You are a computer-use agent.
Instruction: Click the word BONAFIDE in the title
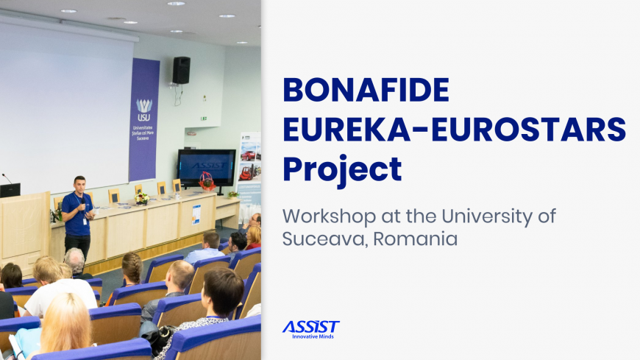click(366, 90)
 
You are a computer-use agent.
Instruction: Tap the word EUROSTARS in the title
click(529, 129)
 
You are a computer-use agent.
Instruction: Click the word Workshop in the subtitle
click(329, 216)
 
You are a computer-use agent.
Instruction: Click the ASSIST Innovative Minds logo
click(311, 330)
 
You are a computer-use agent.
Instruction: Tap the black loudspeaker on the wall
click(181, 70)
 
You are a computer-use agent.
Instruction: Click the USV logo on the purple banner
click(143, 110)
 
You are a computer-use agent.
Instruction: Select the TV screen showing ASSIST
click(207, 168)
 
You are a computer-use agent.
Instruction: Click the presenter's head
click(79, 185)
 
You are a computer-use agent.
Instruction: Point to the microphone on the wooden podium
click(7, 178)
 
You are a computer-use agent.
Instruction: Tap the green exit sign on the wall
click(203, 119)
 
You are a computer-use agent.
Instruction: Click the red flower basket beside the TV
click(207, 181)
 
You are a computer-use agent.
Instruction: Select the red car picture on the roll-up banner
click(249, 155)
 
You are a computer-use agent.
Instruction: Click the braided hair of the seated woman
click(132, 268)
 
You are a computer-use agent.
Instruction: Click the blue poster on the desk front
click(196, 214)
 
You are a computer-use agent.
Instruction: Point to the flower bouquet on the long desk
click(142, 199)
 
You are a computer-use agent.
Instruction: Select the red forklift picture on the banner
click(247, 173)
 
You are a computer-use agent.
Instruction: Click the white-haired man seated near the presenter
click(75, 262)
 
